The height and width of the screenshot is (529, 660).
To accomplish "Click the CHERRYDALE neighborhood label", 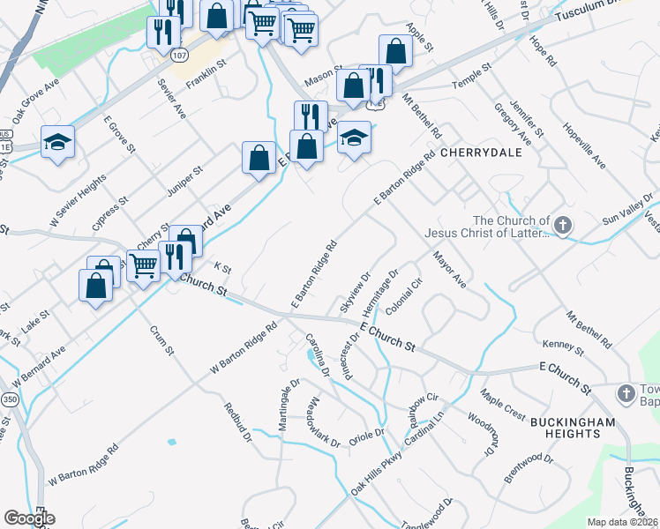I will click(x=481, y=153).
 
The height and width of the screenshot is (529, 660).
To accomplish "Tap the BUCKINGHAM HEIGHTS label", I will click(x=573, y=428).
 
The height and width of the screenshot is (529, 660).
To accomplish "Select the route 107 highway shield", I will click(x=179, y=55).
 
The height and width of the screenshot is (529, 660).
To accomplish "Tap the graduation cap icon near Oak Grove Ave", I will click(x=57, y=142).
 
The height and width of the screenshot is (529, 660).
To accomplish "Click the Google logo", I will click(x=29, y=518).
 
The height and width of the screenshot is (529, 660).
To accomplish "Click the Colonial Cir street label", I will click(x=403, y=297).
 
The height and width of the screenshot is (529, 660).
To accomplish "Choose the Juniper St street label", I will click(x=185, y=180).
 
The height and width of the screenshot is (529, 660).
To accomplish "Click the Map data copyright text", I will click(x=623, y=522).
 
